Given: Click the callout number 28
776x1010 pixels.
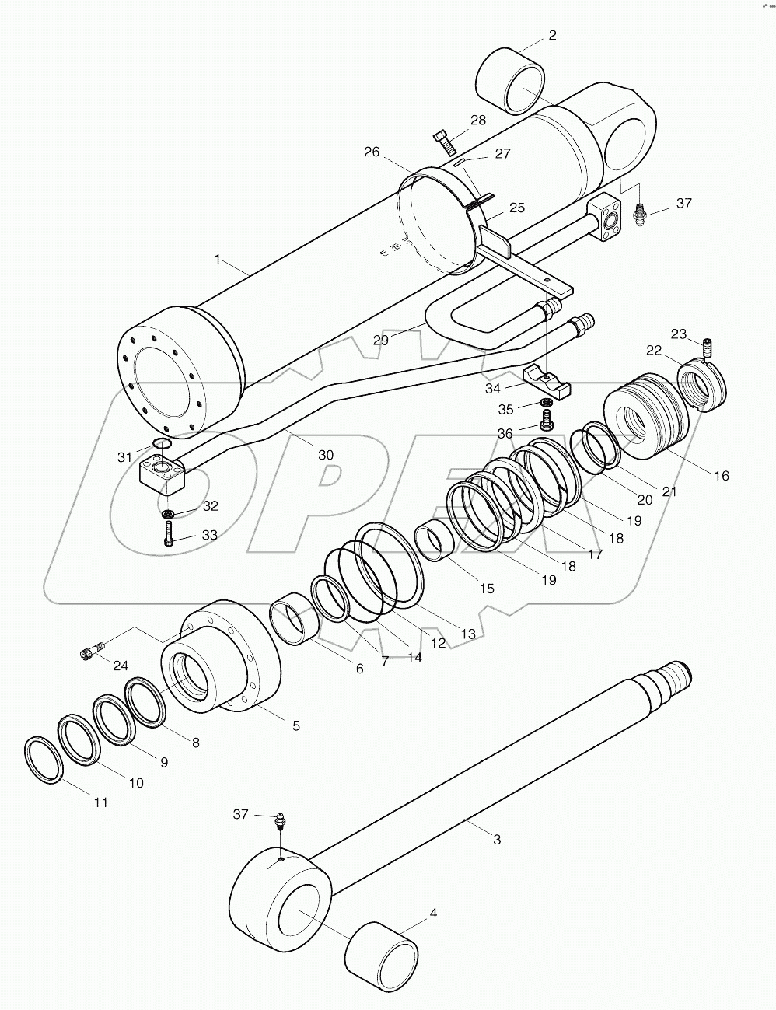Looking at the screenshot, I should pos(477,120).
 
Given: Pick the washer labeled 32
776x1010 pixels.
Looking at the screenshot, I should pos(166,514).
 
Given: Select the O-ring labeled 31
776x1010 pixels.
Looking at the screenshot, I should pos(162,444).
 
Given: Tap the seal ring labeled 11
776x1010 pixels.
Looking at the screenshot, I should pos(44,758).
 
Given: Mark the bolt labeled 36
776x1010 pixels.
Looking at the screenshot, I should pos(546,423).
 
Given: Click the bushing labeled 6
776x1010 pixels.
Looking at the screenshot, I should pos(296,617).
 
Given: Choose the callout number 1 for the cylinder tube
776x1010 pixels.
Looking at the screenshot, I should pos(218,259).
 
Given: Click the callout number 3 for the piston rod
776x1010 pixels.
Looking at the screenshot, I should pos(497,839).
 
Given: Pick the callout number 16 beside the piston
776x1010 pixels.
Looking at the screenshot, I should pos(721,475).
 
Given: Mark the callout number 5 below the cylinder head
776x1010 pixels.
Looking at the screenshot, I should pos(295,725).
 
